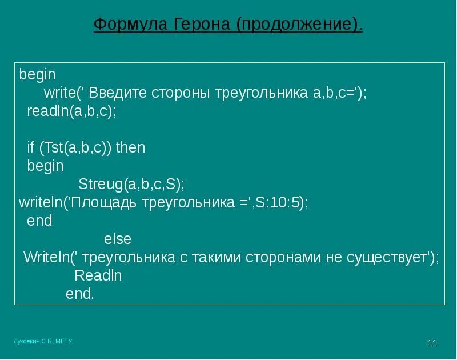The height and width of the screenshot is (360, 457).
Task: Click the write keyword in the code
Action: pyautogui.click(x=58, y=93)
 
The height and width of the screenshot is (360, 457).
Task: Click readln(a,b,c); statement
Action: pyautogui.click(x=71, y=111)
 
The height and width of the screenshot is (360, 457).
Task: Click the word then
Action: pyautogui.click(x=130, y=147)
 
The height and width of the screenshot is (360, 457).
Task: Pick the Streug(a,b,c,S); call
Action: pyautogui.click(x=131, y=184)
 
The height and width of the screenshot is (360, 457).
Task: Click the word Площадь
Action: pyautogui.click(x=102, y=202)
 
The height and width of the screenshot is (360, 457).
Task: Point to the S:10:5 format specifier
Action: pyautogui.click(x=281, y=202)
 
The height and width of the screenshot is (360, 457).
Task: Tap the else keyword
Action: pyautogui.click(x=118, y=239)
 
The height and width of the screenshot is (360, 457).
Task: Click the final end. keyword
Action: pyautogui.click(x=79, y=294)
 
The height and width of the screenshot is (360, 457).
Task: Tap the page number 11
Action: pyautogui.click(x=432, y=343)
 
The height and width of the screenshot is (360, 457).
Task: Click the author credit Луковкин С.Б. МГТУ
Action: pyautogui.click(x=43, y=341)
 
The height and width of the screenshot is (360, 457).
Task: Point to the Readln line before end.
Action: pyautogui.click(x=98, y=275)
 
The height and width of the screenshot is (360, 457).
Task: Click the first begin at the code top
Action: pyautogui.click(x=37, y=75)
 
